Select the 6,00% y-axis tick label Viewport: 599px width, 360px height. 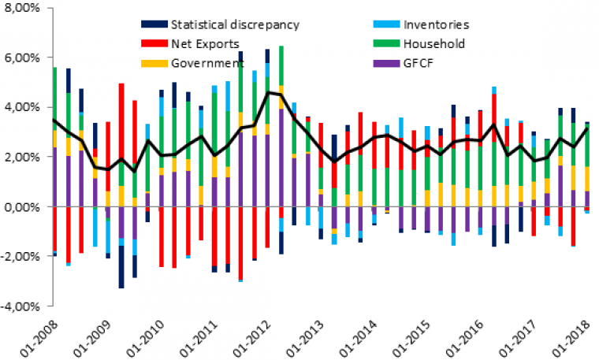24,58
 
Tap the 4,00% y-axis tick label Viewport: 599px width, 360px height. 24,107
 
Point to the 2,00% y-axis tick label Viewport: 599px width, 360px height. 24,157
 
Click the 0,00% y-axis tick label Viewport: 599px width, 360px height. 24,206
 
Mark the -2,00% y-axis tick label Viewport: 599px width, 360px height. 22,257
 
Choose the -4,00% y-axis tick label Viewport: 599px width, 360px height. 22,306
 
